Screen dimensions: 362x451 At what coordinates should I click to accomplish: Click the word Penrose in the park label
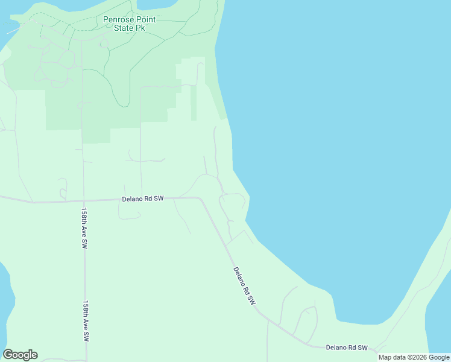coord(117,20)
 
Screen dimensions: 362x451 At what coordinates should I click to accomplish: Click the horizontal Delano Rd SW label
coord(143,198)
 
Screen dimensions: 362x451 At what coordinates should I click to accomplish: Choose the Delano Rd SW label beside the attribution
coord(347,348)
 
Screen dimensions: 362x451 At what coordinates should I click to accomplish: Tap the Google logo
coord(20,355)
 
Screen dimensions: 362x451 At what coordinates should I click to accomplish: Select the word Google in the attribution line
coord(439,357)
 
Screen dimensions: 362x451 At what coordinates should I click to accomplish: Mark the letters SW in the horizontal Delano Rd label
coord(159,198)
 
